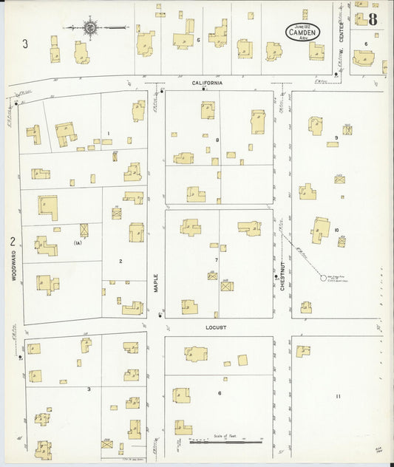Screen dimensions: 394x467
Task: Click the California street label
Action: pos(207,83)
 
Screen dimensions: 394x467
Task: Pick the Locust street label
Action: pos(217,327)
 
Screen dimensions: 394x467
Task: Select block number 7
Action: pos(217,260)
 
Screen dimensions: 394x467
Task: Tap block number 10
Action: pos(336,231)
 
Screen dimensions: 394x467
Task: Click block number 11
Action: pos(338,397)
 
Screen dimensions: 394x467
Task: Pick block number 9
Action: pos(336,137)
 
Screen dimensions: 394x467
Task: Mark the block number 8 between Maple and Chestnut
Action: pos(217,140)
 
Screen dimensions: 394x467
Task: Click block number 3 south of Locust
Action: pos(89,389)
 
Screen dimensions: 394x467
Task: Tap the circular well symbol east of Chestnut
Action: pos(322,278)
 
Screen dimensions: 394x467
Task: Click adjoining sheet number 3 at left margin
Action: pos(25,44)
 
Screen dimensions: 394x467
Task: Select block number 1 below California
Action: pos(109,134)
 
